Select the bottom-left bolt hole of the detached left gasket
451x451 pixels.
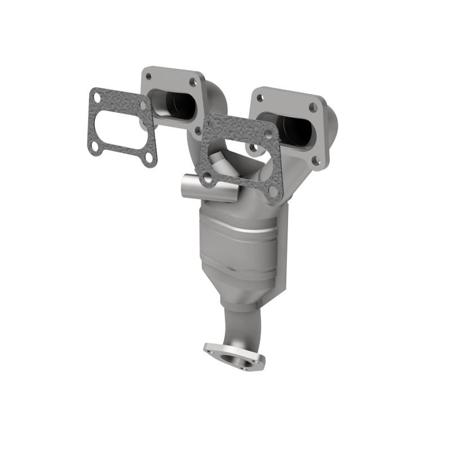pos(96,147)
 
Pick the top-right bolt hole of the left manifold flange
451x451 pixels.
pos(193,82)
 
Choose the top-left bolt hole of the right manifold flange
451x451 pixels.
pos(260,98)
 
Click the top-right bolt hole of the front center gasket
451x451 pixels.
pos(268,134)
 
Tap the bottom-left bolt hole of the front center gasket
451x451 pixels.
pos(208,176)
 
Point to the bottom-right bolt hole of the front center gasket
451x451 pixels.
pos(273,191)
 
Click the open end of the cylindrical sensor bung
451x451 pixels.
pos(185,187)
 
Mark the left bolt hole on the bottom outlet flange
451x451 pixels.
pos(212,351)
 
